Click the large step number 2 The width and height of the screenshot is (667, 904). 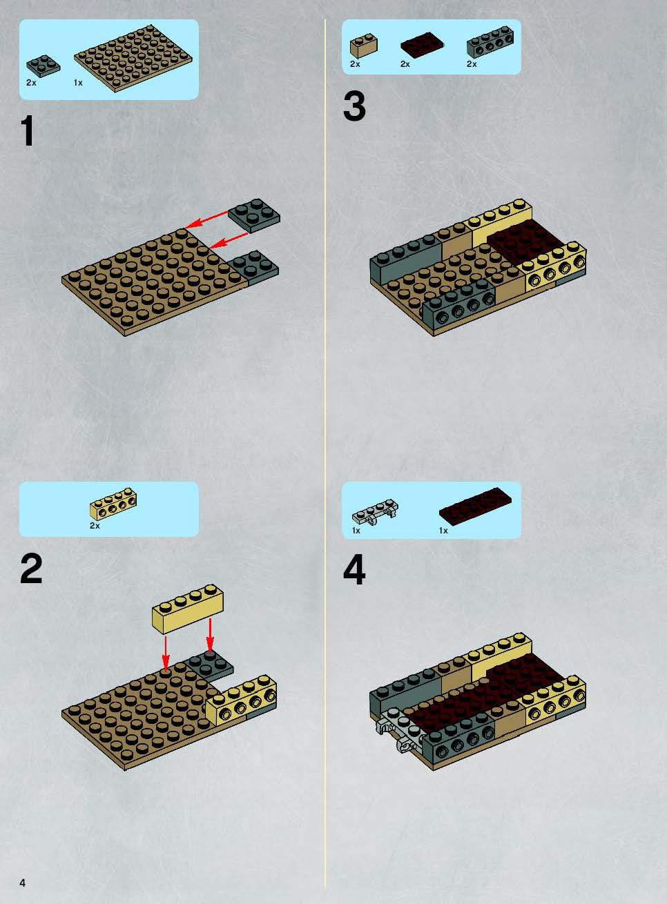click(x=31, y=569)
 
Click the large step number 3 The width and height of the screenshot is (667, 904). click(x=354, y=106)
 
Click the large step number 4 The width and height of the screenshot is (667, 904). click(x=354, y=569)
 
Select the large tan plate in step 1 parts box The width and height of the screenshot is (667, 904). click(x=133, y=58)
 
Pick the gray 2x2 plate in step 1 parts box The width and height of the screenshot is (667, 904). click(x=43, y=65)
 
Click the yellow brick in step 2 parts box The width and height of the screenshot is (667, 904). click(x=113, y=504)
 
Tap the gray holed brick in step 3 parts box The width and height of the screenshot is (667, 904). click(x=490, y=41)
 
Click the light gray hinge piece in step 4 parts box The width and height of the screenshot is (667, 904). click(x=375, y=511)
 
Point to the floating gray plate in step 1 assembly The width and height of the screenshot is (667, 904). click(x=254, y=215)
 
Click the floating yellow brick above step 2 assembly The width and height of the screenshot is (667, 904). click(x=188, y=608)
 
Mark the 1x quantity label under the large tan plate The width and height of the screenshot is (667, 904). click(x=78, y=83)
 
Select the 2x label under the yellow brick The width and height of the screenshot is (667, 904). click(x=95, y=526)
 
